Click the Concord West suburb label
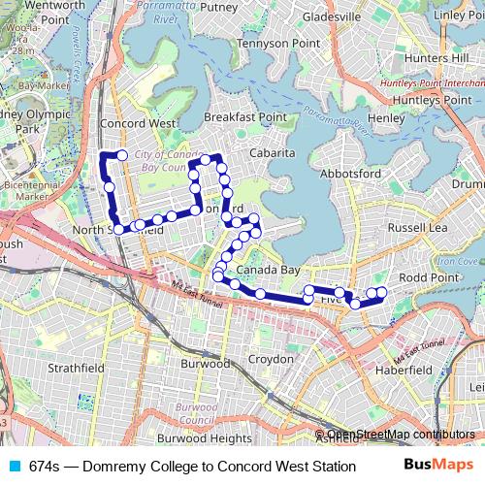(138, 124)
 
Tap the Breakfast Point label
(245, 117)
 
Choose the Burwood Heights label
(204, 438)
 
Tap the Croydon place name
(272, 359)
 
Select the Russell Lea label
(417, 227)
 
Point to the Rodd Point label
(428, 277)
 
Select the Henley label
(386, 118)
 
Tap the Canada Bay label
(269, 270)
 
